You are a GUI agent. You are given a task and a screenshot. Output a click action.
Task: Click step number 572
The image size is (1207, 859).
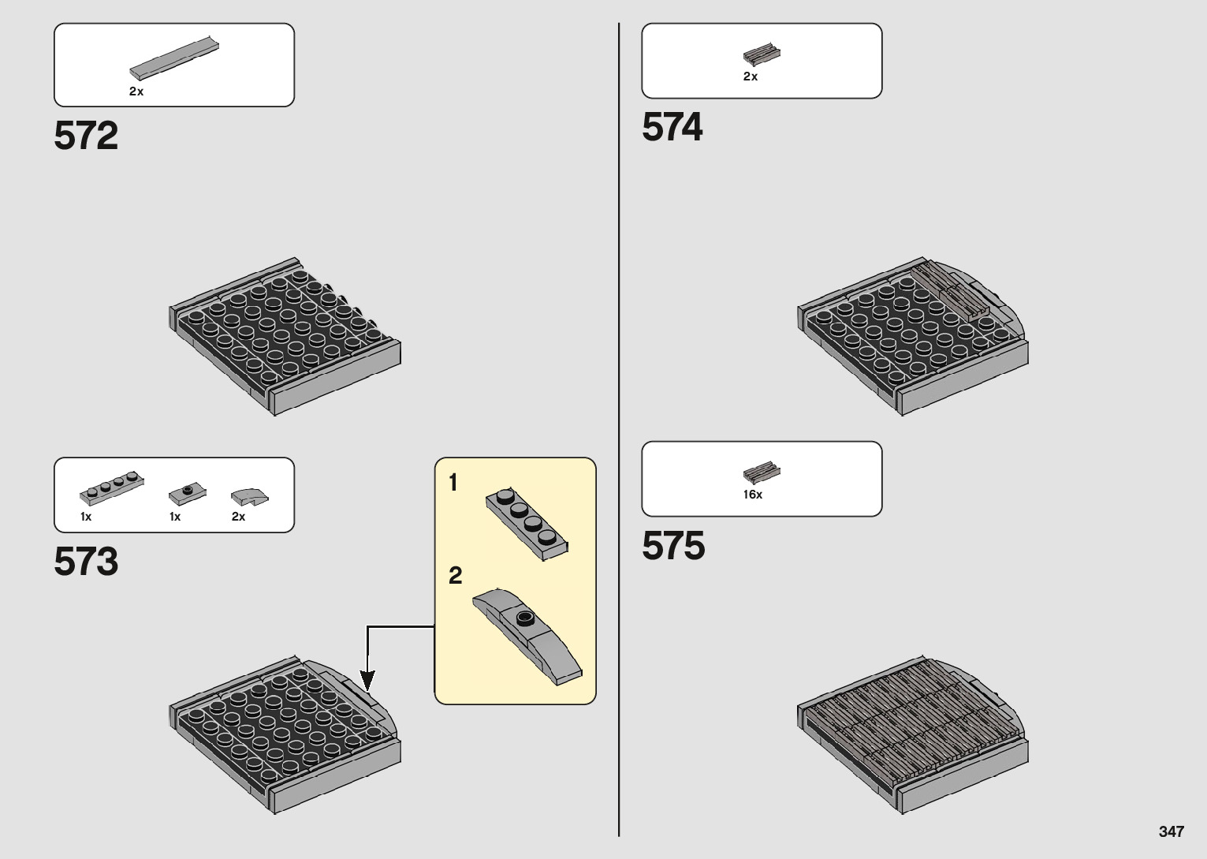point(86,136)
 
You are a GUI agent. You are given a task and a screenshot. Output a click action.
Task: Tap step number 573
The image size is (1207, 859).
point(86,562)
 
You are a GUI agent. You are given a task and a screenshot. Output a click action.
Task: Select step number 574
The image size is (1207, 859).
point(672,127)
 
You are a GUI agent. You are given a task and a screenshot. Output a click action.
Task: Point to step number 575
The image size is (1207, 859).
point(673,546)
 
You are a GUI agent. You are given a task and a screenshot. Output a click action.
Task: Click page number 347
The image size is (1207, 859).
point(1172,832)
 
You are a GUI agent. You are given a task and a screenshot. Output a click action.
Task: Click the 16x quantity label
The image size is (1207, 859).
point(753,495)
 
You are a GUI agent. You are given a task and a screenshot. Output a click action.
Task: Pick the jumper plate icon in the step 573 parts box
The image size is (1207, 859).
point(187,495)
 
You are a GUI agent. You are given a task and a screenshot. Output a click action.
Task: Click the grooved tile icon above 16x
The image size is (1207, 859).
point(762,472)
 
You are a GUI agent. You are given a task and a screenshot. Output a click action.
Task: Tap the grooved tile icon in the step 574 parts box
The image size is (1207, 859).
point(762,54)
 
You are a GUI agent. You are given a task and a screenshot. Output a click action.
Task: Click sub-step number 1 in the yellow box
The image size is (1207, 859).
point(453,482)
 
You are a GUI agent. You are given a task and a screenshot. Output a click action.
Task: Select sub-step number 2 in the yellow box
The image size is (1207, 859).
point(455,576)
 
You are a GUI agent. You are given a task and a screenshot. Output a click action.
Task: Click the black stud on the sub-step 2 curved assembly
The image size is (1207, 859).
point(524,618)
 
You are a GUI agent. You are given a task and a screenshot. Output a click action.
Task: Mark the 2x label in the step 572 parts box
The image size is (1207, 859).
point(136,92)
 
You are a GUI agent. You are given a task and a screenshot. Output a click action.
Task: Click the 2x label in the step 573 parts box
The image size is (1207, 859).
point(238,517)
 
